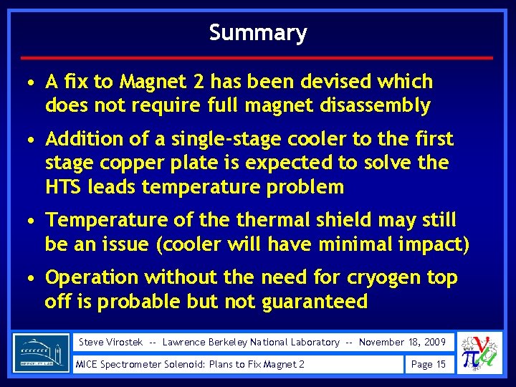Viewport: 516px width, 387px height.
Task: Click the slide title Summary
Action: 258,33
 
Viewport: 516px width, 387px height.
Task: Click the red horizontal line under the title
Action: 258,57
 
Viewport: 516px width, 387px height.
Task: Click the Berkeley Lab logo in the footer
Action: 42,353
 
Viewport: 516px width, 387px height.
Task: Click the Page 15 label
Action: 428,364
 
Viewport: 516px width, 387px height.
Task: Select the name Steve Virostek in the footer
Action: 110,342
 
